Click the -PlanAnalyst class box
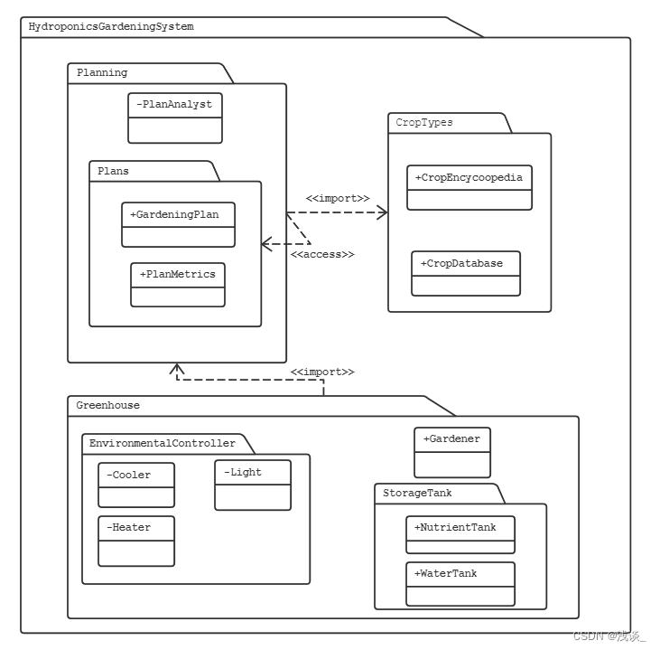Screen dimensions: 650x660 174,118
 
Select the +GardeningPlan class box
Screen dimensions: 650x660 178,224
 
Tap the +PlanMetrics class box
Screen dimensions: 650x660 177,285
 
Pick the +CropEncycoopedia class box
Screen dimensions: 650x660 469,187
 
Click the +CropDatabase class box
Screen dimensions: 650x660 466,273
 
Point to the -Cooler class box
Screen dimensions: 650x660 135,485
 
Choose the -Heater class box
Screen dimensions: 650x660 135,541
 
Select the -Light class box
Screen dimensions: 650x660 252,485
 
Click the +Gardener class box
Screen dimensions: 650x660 451,452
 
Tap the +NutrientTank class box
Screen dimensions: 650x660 460,534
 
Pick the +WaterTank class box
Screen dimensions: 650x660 460,584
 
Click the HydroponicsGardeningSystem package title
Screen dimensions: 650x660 111,27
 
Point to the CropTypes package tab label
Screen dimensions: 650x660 424,122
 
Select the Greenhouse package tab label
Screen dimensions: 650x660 108,406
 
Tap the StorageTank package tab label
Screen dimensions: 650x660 417,494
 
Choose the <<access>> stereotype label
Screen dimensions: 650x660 322,255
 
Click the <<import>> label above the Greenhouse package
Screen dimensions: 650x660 322,372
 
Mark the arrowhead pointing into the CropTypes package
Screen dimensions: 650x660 383,212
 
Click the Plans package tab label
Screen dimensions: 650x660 114,171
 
